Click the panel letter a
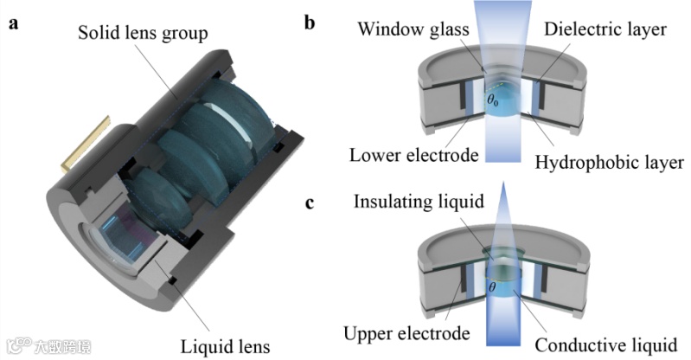click(12, 23)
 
